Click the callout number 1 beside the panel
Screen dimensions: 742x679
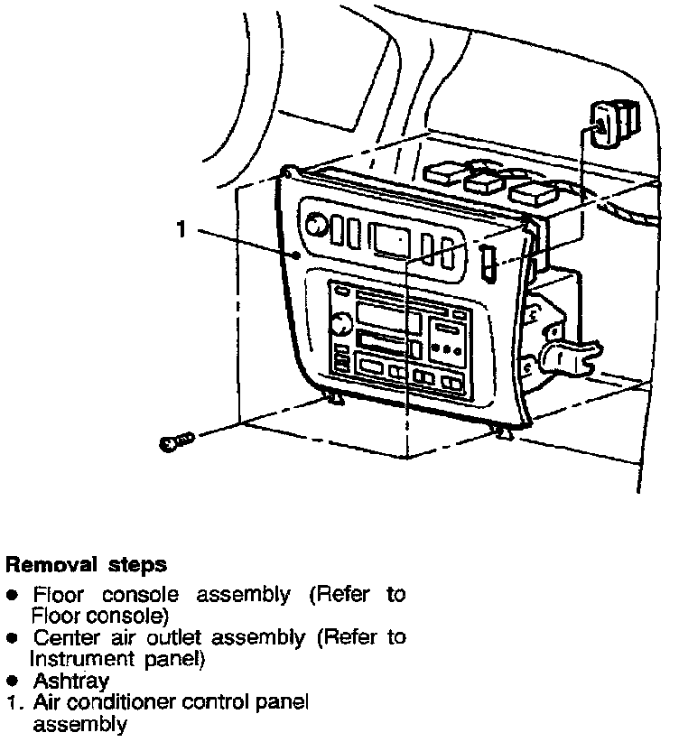tap(181, 230)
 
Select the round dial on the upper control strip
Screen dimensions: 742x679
tap(317, 226)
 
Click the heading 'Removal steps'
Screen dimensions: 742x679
tap(86, 566)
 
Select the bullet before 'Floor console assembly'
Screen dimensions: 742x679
tap(13, 597)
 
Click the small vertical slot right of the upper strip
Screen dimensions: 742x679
tap(488, 263)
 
